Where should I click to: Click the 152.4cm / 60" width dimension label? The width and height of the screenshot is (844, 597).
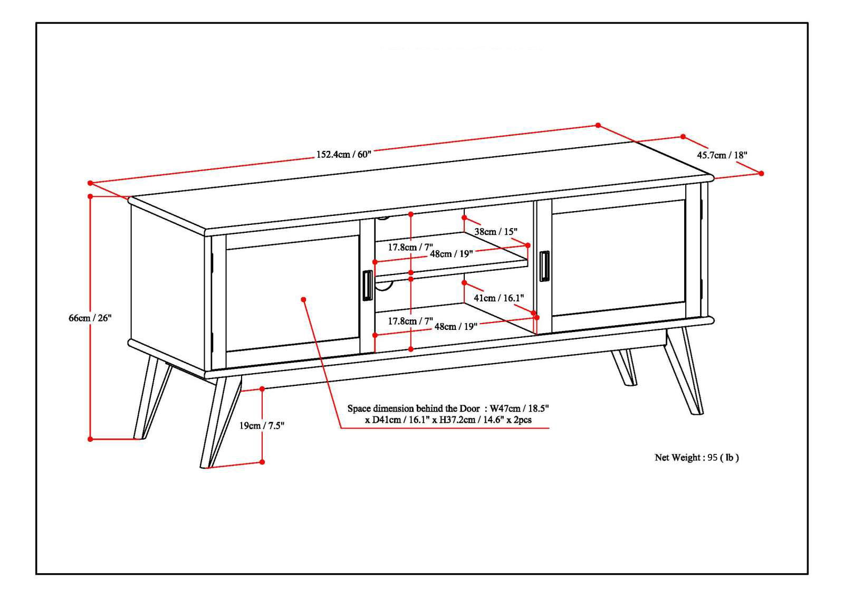click(x=343, y=155)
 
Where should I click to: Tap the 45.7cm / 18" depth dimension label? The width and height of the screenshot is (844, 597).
click(x=722, y=155)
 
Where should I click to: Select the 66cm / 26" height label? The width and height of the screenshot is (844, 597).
click(x=90, y=318)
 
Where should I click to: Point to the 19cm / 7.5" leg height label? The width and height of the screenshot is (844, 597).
click(x=262, y=425)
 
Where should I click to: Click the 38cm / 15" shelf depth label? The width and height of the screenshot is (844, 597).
click(x=495, y=231)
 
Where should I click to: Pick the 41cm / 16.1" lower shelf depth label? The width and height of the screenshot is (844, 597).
click(x=498, y=298)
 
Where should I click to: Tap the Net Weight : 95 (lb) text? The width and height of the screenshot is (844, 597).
click(x=696, y=458)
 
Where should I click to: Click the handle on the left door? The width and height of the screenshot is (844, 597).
click(x=367, y=286)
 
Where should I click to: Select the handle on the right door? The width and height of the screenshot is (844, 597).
click(x=544, y=266)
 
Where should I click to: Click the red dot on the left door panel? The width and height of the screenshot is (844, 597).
click(x=303, y=299)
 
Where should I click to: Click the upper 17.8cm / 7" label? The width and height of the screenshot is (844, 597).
click(x=410, y=247)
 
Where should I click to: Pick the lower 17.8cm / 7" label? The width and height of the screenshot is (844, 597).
click(x=410, y=321)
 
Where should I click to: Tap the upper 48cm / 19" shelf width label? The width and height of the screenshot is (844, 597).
click(x=451, y=253)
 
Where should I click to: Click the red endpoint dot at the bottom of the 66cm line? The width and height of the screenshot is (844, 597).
click(x=90, y=439)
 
